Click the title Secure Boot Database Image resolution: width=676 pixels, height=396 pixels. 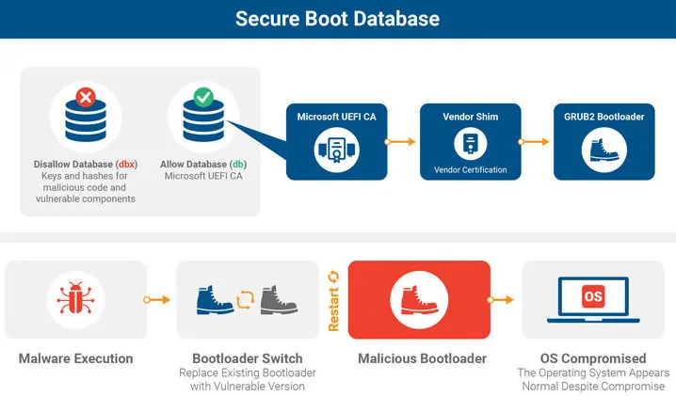tap(338, 19)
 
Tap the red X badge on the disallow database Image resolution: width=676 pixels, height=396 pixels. tap(86, 97)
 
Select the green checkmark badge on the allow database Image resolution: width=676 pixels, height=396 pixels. tap(203, 97)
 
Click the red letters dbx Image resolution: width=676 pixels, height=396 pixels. tap(127, 165)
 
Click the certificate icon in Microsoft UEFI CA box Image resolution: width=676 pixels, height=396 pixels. tap(337, 150)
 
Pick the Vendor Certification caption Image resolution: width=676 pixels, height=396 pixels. tap(471, 169)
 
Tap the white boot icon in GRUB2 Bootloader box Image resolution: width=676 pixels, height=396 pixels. tap(604, 150)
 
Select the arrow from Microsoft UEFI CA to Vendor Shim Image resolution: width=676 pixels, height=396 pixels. tap(399, 141)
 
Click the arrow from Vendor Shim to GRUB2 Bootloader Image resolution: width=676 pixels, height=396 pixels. tap(534, 141)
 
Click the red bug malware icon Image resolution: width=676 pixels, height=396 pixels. tap(75, 298)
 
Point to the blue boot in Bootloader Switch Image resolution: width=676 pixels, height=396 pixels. tap(215, 299)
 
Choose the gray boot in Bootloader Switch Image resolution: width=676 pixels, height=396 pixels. tap(279, 299)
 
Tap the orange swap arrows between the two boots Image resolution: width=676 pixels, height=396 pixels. tap(246, 299)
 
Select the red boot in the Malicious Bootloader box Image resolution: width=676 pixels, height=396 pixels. tap(419, 299)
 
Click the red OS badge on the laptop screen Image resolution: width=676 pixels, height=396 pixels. tap(593, 296)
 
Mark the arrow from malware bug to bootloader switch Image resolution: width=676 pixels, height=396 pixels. tap(157, 299)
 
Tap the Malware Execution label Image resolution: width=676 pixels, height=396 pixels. tap(76, 358)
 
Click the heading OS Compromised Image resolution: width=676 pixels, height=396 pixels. tap(593, 358)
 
